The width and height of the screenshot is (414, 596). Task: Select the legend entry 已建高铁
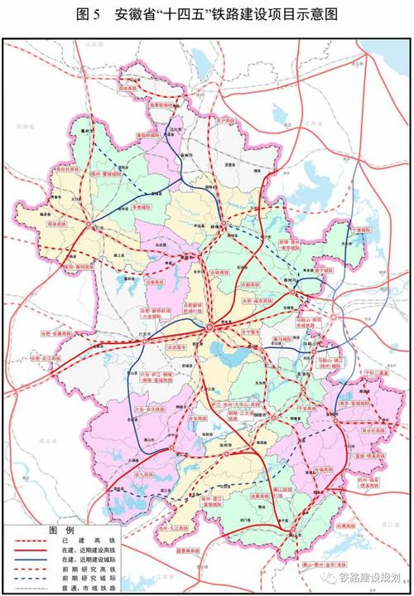[x=84, y=540]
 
